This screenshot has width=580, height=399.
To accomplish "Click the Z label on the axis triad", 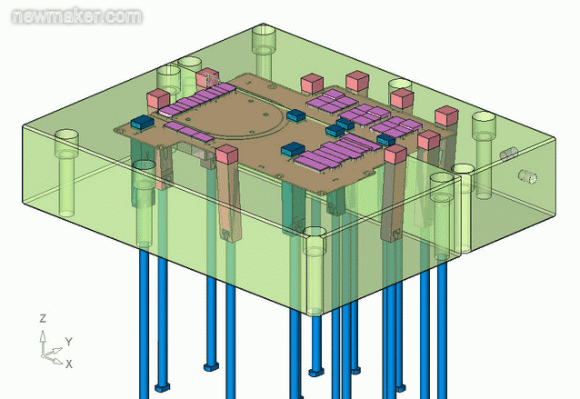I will pos(43,318).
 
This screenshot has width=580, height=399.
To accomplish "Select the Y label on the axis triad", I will pos(68,343).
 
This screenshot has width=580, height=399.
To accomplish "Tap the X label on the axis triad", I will pos(69,364).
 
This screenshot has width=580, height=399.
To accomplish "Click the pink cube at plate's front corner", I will pos(227,155).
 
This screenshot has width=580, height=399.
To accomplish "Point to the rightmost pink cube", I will pos(445,116).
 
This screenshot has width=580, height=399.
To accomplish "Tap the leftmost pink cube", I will pos(160,96).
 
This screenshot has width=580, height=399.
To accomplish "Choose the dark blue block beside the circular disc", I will pos(295,116).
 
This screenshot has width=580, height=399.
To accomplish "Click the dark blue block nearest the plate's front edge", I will pos(292,150).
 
